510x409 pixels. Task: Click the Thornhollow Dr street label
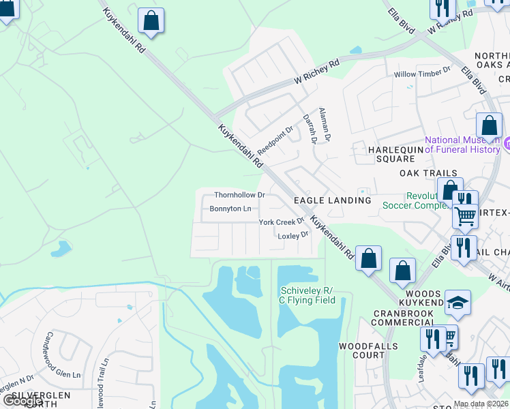click(x=239, y=195)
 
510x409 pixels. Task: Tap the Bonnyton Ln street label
click(x=230, y=209)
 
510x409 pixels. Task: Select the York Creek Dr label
click(x=280, y=222)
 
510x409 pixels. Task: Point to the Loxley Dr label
click(x=293, y=235)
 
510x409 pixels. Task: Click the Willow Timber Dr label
click(x=423, y=70)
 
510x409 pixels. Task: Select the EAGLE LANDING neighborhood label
click(x=332, y=200)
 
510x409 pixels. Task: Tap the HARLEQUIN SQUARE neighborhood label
click(x=382, y=153)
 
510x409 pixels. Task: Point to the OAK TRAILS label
click(x=427, y=174)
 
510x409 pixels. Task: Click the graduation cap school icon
click(x=457, y=303)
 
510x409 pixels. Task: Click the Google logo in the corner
click(x=22, y=401)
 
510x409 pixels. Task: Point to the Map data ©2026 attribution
click(x=481, y=404)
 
